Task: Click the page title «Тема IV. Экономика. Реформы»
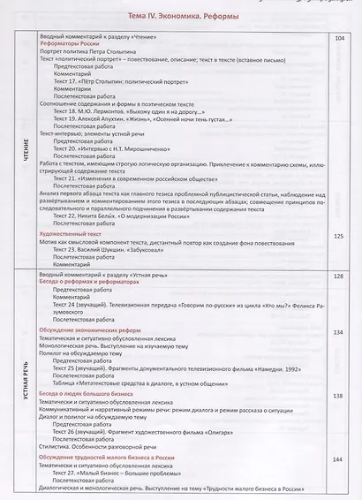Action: (x=180, y=19)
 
